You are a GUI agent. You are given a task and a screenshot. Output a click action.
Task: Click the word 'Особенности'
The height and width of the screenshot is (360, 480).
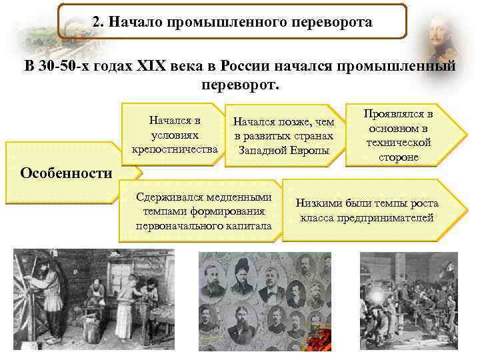(x=66, y=173)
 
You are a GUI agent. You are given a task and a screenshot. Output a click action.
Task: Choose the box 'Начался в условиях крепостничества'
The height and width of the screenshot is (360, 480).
(x=175, y=134)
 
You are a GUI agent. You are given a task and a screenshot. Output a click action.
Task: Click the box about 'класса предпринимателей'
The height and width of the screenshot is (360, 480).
(x=367, y=210)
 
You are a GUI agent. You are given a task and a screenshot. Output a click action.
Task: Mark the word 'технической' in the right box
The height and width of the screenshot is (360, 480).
(x=399, y=142)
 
